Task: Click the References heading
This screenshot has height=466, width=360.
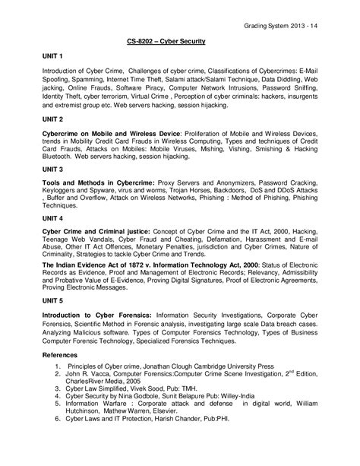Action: [x=58, y=377]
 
